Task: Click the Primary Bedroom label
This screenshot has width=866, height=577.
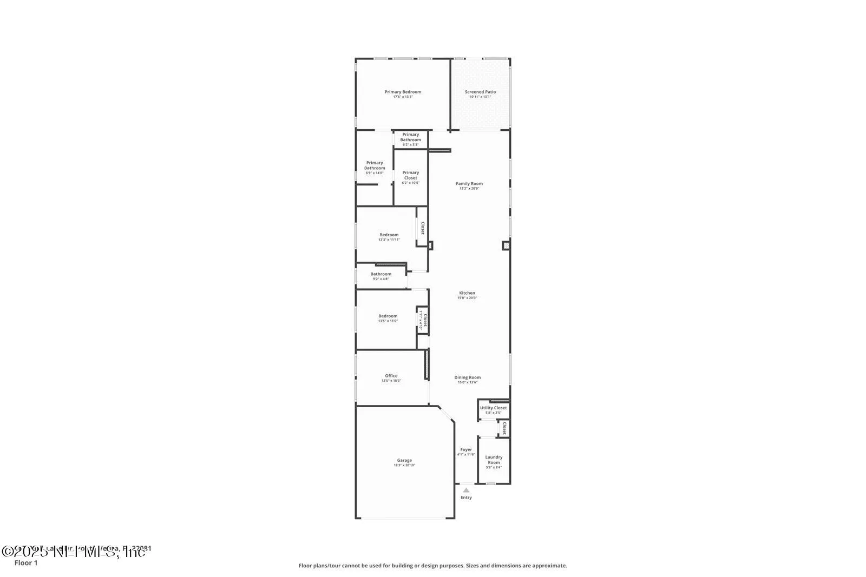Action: pos(403,92)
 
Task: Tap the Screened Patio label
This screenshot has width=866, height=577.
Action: pos(480,92)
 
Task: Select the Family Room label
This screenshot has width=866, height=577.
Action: pos(469,184)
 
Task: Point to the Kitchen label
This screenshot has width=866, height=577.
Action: pos(467,293)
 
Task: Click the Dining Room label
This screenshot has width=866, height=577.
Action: pos(467,377)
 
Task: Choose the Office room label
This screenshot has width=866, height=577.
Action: pos(391,376)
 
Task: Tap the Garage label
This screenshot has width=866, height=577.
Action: pos(404,460)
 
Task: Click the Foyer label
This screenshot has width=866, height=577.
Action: pos(466,449)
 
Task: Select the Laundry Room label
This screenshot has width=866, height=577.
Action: pos(494,460)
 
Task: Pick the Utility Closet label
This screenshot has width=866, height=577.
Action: pos(493,408)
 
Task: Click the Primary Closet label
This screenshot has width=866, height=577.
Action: pos(410,175)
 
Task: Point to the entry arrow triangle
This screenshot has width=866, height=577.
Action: pos(466,490)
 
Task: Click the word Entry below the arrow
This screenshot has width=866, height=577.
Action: pos(466,498)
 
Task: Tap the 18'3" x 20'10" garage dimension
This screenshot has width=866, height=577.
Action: pos(404,466)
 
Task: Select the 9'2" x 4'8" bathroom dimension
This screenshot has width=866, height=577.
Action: pos(380,279)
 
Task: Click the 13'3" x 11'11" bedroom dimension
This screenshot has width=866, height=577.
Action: pos(389,240)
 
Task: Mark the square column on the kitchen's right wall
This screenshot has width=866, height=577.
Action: pos(506,246)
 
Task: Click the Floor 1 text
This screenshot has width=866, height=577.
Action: pos(26,563)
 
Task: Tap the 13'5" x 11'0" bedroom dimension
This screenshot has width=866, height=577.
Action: pos(388,321)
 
